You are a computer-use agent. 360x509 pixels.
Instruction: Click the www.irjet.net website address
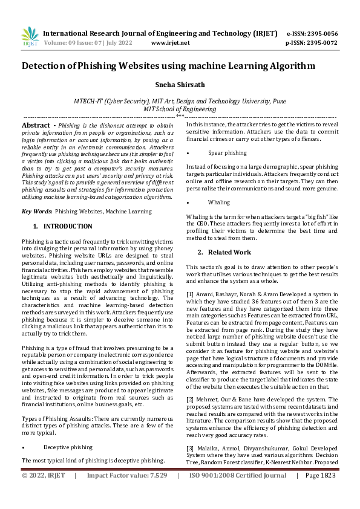[170, 43]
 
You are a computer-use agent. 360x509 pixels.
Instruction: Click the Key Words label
[36, 212]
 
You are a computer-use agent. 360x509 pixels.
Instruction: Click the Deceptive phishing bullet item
[68, 448]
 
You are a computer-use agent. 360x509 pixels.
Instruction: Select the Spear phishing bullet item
[227, 154]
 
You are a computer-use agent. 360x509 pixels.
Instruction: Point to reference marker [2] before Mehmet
[190, 400]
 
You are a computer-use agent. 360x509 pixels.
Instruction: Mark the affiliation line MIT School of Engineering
[180, 109]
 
